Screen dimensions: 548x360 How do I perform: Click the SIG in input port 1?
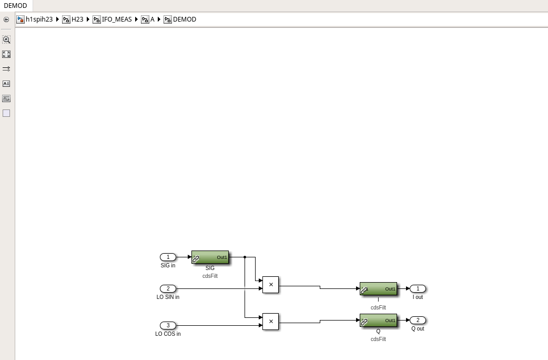coord(168,257)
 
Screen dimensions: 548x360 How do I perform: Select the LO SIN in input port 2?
coord(168,288)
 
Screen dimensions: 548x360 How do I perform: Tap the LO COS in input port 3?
coord(168,325)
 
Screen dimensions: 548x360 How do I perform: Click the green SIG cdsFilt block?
coord(210,257)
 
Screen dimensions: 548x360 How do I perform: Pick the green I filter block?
coord(378,288)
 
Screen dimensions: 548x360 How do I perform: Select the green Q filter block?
coord(378,320)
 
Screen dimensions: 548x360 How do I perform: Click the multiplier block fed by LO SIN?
coord(270,285)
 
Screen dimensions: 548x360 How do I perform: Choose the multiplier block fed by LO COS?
coord(270,322)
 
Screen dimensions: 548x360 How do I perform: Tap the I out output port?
coord(418,288)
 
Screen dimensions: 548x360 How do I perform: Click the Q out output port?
coord(418,320)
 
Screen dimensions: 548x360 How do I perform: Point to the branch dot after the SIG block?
coord(245,257)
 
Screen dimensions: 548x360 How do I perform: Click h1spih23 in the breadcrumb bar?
coord(39,19)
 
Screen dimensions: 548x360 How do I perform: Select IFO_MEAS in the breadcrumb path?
coord(117,19)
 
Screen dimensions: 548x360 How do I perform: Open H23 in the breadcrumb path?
coord(77,19)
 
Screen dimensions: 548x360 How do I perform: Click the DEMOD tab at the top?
coord(15,6)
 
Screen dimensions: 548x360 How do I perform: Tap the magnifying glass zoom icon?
coord(6,39)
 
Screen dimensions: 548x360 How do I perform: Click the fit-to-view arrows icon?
coord(6,54)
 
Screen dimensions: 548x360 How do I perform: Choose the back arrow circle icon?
coord(6,19)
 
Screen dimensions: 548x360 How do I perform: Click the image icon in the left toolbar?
coord(6,98)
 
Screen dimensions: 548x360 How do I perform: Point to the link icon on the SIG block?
coord(196,259)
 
